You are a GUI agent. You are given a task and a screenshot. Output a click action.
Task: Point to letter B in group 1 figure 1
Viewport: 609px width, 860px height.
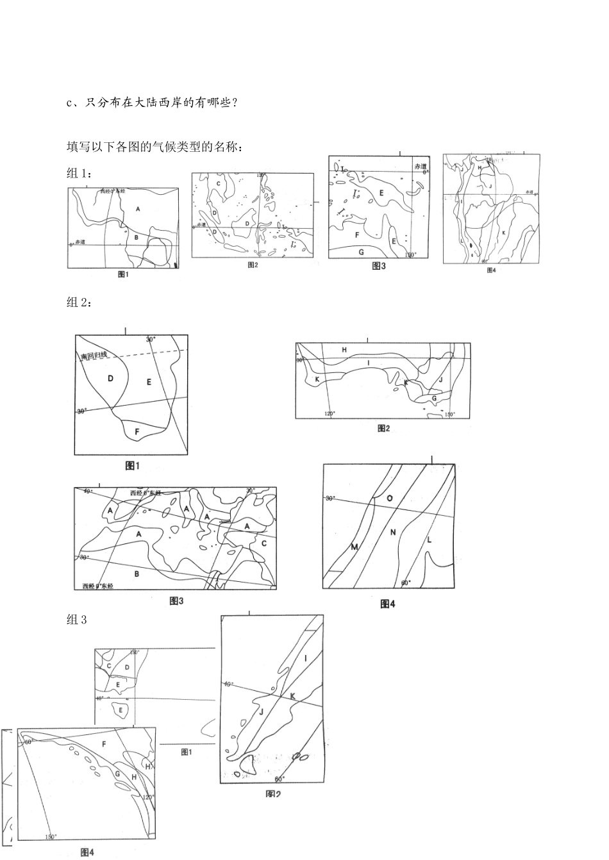[136, 237]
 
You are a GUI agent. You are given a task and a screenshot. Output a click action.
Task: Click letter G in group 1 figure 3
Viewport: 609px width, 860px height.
[361, 251]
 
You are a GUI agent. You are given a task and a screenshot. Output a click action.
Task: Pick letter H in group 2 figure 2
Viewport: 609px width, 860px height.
[344, 350]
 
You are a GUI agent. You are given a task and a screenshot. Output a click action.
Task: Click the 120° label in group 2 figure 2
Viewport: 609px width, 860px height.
[330, 414]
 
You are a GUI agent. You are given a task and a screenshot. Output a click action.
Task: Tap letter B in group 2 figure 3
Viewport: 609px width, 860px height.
[137, 574]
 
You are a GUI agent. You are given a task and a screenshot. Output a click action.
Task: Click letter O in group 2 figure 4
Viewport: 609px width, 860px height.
[389, 498]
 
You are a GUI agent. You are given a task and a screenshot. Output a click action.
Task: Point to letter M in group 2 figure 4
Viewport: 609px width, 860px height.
[354, 547]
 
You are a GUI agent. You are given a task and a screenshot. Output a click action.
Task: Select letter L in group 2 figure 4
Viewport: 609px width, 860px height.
[429, 540]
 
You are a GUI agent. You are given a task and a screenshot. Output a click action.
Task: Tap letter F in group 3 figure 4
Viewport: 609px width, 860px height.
[104, 744]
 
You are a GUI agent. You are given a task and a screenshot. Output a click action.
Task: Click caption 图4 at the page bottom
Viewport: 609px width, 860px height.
[88, 852]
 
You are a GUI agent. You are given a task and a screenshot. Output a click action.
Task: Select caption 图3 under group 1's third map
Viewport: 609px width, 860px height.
[379, 267]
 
